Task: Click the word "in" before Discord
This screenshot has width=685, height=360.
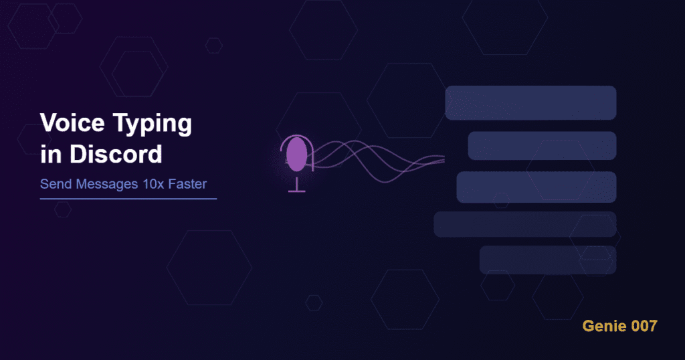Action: coord(50,154)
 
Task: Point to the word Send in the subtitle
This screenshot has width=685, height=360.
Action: coord(54,184)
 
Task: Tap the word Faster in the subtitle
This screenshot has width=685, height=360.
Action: coord(194,184)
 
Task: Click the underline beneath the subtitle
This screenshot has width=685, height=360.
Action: coord(128,199)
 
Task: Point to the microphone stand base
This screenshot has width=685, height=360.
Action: coord(296,191)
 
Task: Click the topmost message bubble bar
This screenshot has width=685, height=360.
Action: coord(530,103)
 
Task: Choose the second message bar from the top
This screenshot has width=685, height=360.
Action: coord(542,146)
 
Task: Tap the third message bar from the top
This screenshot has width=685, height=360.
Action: coord(536,187)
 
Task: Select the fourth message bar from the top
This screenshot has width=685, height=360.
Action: coord(524,224)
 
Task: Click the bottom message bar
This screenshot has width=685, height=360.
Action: coord(547,260)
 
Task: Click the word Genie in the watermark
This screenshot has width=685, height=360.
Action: coord(601,327)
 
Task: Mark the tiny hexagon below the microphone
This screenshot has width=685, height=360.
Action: coord(314,302)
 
